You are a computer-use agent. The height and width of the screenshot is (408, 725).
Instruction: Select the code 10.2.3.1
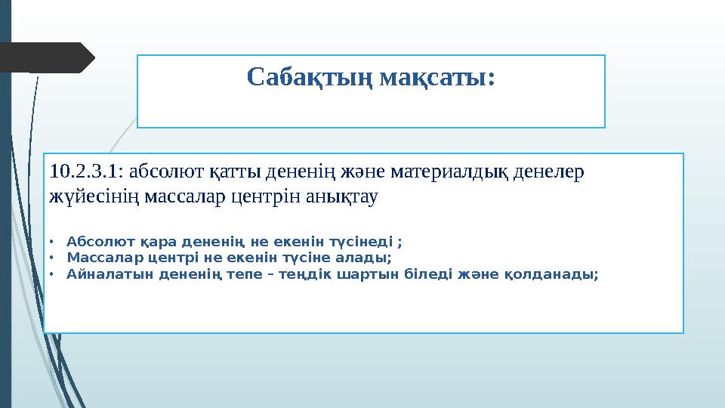[79, 172]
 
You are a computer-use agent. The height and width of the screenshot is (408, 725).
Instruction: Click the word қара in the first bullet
[155, 242]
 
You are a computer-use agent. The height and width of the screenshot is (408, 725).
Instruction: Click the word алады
[364, 258]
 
